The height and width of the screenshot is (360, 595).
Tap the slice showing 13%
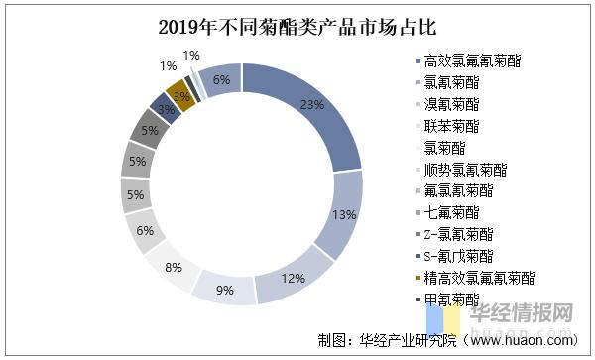tap(343, 213)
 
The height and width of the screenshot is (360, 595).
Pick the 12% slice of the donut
tap(295, 279)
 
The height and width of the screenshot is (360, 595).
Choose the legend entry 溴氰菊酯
tap(451, 104)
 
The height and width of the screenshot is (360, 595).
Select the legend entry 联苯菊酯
tap(451, 126)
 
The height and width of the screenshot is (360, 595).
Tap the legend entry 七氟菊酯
tap(451, 211)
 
